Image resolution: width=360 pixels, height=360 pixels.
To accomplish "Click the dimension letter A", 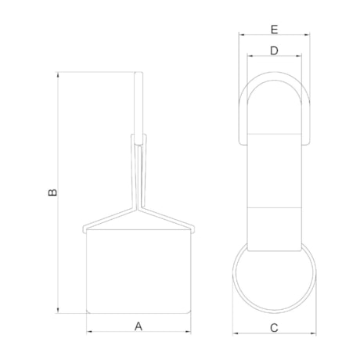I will click(139, 325).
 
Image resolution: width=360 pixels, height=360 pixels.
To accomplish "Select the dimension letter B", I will click(52, 192).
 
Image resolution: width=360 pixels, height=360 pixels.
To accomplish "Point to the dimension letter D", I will click(274, 51).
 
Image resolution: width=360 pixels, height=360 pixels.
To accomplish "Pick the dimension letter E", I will click(274, 30).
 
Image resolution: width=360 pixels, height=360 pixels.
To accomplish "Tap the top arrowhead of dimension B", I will click(58, 75).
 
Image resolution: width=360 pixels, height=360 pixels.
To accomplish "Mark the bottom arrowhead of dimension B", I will click(58, 310).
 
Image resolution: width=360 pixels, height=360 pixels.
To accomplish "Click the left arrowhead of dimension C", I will click(236, 333).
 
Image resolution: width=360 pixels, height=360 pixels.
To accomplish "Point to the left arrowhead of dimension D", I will click(248, 56).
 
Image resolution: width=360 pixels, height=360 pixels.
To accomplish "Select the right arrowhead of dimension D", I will click(299, 56).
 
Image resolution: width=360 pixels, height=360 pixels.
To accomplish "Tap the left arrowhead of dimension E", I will click(241, 35).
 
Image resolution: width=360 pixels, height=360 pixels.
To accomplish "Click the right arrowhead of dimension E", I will click(308, 35).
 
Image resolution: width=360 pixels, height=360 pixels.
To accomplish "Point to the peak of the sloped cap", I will click(139, 208).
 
